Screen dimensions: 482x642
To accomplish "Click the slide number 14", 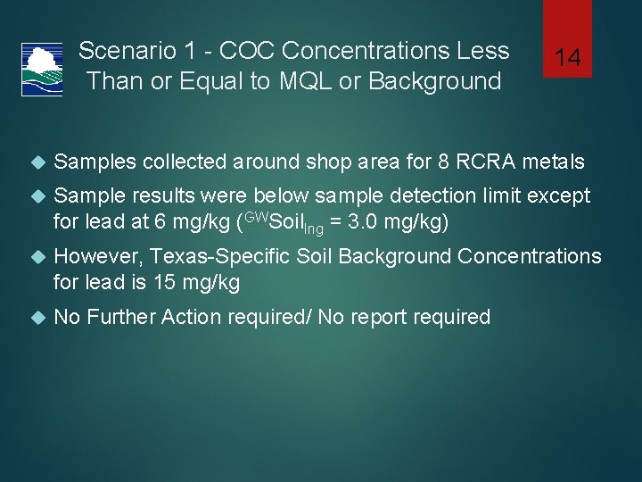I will click(x=567, y=59).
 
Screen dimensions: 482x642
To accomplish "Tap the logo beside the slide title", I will click(x=42, y=69).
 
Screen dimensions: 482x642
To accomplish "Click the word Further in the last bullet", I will click(x=128, y=317).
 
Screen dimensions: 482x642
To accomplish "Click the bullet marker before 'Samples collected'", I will click(x=37, y=162).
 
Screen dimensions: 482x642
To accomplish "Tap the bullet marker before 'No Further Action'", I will click(x=37, y=318).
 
